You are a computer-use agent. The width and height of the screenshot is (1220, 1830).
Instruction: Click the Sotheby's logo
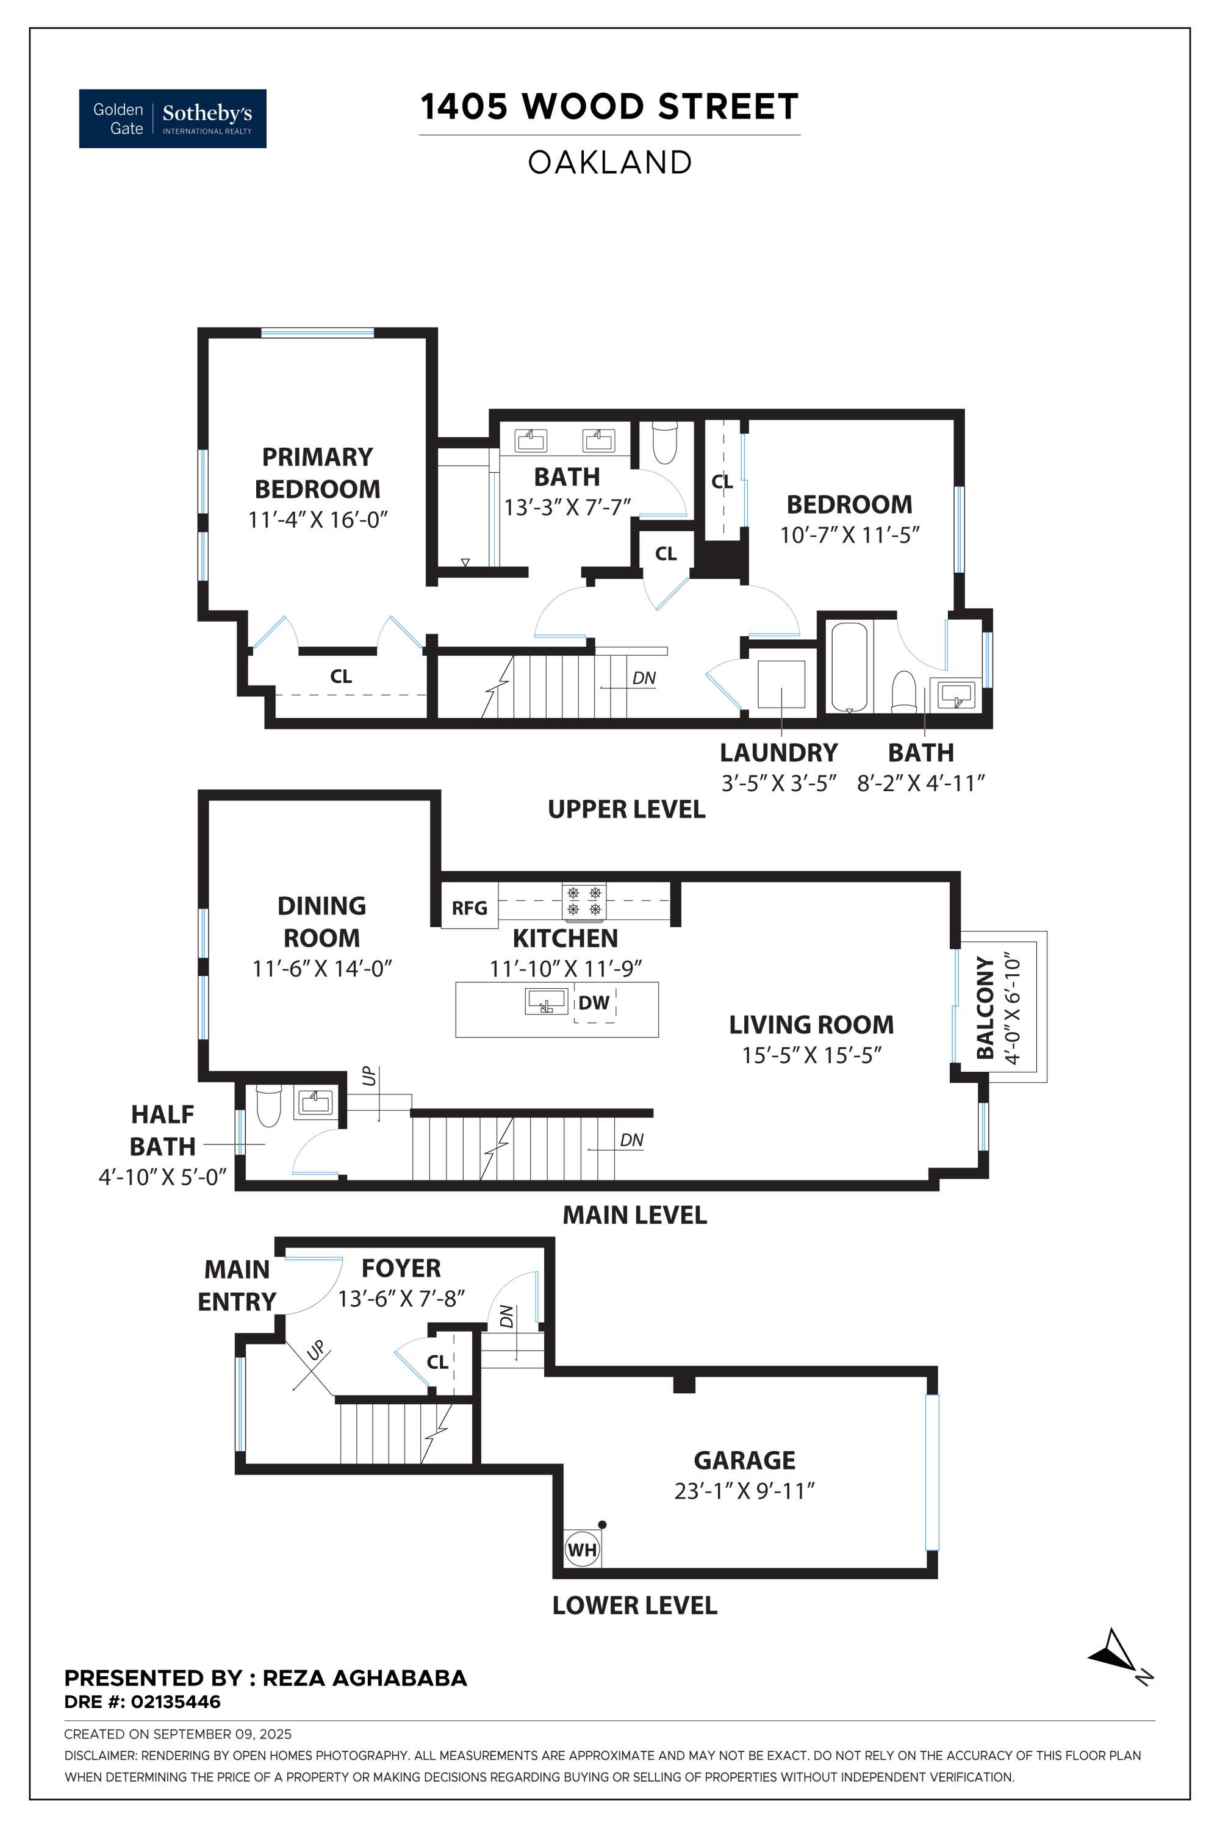[173, 118]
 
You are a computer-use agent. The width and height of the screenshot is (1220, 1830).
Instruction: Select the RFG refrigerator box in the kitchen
[469, 907]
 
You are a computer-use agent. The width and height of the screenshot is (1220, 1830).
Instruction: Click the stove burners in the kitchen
[584, 901]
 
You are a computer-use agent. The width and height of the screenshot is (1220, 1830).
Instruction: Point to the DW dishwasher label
[594, 1002]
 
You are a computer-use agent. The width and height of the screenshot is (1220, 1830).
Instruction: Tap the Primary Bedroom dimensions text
[317, 519]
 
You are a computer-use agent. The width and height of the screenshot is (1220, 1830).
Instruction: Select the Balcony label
[986, 1008]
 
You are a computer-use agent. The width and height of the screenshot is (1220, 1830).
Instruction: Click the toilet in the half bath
[268, 1105]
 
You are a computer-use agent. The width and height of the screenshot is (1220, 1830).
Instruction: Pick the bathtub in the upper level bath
[849, 666]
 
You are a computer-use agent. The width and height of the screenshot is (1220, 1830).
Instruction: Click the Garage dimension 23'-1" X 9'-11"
[744, 1491]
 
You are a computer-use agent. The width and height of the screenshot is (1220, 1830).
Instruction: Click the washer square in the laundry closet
[781, 684]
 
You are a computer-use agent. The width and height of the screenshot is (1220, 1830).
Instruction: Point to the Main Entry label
[237, 1285]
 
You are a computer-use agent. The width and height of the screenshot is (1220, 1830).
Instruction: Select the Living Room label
[811, 1025]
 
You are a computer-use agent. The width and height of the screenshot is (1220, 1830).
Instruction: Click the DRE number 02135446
[175, 1702]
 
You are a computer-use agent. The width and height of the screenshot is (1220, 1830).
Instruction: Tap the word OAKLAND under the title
[610, 163]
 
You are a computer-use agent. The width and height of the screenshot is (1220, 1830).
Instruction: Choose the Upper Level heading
[626, 809]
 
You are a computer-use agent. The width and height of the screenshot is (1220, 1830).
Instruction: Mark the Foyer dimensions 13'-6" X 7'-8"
[401, 1299]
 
